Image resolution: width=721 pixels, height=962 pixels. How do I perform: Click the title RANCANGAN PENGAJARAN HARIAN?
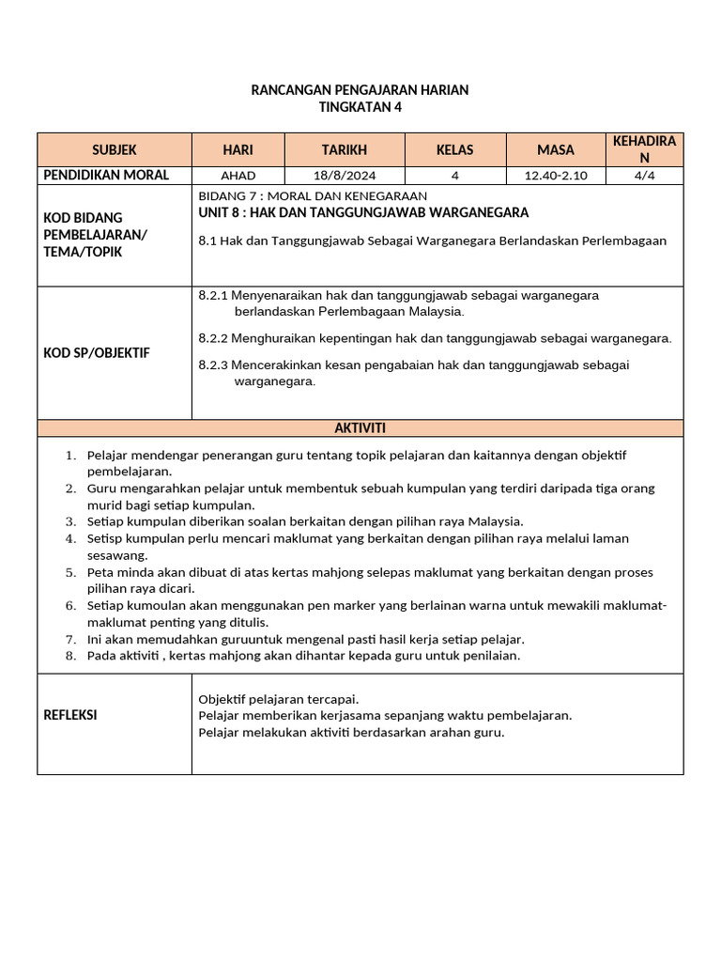point(360,90)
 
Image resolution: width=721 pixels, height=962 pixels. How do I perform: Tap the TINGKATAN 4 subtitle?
point(360,107)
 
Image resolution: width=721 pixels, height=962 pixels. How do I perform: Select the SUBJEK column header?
point(115,149)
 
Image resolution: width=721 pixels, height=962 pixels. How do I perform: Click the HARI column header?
point(238,149)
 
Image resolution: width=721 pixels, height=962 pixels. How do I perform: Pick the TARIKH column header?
point(345,149)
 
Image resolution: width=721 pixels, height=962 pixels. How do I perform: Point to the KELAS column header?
point(455,149)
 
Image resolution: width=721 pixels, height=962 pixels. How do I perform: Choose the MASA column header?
point(556,149)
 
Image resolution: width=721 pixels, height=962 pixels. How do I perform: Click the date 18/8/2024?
point(345,176)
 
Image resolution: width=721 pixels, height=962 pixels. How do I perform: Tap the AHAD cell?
point(238,176)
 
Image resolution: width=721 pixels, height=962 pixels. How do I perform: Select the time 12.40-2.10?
point(556,176)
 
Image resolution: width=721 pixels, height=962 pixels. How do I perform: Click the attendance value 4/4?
point(644,176)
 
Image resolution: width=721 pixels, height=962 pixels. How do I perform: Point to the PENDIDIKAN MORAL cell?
point(107,175)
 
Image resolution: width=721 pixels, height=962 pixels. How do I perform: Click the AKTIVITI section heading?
point(360,428)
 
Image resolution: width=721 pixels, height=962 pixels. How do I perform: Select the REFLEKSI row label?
point(70,715)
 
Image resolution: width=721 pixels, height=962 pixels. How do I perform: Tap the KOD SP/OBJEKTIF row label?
point(97,352)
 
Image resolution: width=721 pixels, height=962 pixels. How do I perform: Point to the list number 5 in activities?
point(70,572)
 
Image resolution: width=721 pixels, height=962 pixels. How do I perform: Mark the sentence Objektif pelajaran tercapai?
point(279,699)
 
